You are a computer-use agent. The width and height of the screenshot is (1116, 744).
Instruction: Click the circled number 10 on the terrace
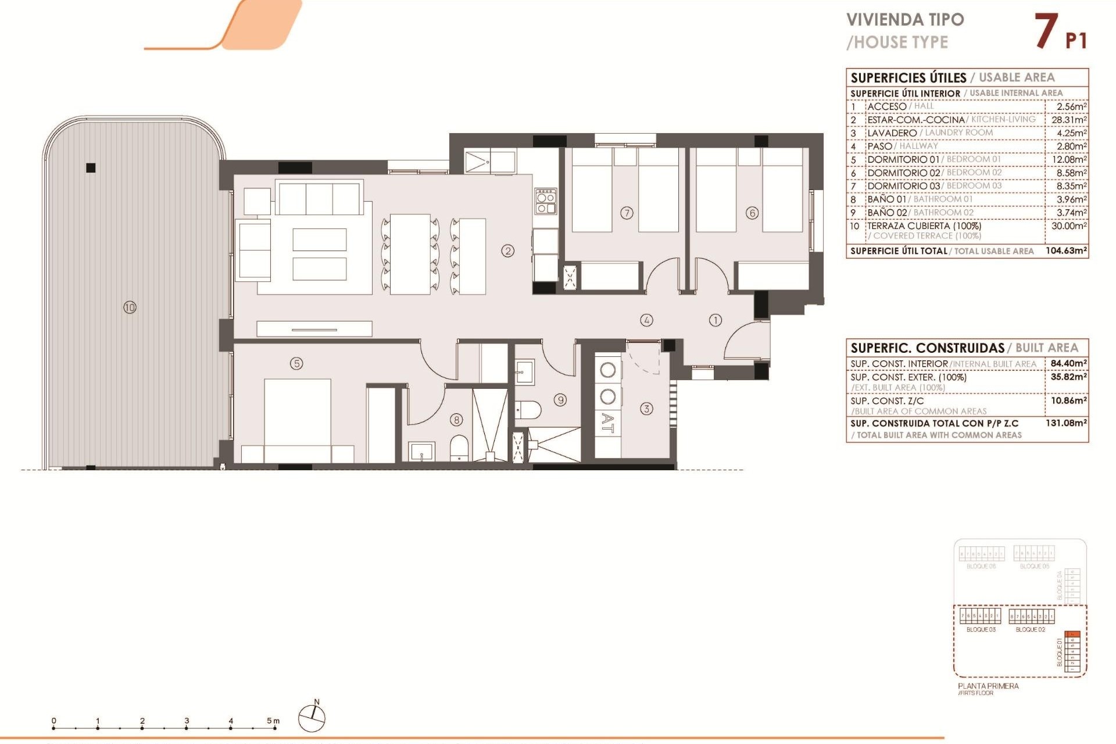[130, 307]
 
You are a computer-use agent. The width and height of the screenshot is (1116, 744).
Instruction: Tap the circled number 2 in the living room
[508, 251]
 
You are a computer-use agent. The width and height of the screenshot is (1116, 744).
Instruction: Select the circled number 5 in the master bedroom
[296, 363]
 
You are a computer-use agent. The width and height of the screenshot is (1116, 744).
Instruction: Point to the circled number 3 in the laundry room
[646, 409]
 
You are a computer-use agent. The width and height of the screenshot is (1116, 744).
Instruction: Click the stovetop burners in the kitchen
[545, 201]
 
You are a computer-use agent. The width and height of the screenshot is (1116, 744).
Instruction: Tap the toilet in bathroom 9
[529, 409]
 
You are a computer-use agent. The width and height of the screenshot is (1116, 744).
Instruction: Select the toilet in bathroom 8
[459, 448]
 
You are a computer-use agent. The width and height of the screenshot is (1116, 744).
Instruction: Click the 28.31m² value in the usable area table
[1068, 120]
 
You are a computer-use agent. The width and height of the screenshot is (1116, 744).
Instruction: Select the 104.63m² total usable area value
[1066, 251]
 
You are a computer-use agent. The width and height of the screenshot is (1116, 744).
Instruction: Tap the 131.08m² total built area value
[1066, 423]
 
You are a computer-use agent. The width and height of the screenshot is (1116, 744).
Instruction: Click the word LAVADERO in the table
[892, 133]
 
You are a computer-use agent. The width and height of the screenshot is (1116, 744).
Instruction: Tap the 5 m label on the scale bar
[273, 721]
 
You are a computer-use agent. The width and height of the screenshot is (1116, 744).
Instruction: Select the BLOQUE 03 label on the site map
[981, 629]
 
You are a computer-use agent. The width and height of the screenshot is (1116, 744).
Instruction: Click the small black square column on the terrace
[91, 168]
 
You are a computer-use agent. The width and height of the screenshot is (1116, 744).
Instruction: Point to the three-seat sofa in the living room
[319, 198]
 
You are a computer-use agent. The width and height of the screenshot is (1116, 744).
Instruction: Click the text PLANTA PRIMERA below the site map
[988, 686]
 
